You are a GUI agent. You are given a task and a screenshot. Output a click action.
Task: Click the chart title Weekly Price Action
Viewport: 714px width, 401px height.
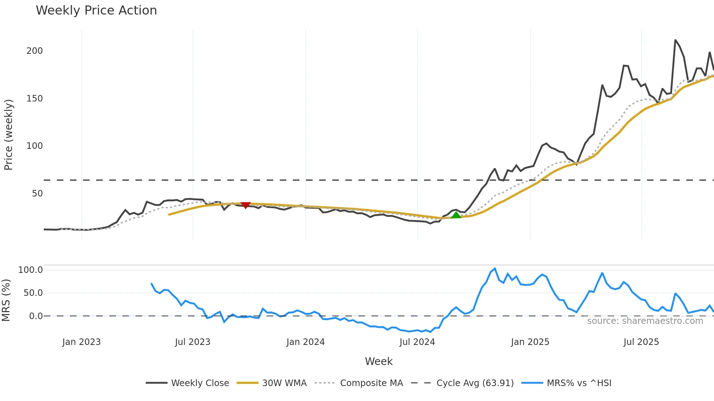(96, 11)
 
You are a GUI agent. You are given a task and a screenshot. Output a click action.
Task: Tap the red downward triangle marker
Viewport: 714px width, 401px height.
(246, 205)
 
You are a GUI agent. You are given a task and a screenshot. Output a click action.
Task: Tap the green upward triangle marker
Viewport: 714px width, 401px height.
(456, 215)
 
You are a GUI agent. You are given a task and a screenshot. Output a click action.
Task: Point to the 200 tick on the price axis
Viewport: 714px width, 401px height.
(35, 51)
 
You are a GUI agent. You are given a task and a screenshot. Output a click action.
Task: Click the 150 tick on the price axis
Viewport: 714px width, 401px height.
(35, 99)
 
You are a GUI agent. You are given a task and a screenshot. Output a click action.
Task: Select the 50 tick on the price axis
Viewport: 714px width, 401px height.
(37, 194)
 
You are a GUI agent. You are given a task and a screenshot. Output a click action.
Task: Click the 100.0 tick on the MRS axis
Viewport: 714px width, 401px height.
(31, 270)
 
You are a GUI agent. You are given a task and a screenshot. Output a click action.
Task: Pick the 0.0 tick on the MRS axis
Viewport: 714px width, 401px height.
(36, 316)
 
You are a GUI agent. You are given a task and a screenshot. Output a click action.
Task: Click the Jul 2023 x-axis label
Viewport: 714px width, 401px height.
(193, 342)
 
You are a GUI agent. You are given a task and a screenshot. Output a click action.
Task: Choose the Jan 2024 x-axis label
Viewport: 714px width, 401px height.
(305, 342)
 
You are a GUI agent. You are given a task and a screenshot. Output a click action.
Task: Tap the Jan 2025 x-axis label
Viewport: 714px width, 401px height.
(530, 342)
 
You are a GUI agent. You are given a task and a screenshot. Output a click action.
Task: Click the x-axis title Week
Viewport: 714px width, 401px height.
(378, 361)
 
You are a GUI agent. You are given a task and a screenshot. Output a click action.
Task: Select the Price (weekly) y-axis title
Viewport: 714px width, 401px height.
(8, 135)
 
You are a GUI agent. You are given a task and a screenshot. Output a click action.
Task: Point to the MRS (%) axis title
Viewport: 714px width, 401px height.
(6, 300)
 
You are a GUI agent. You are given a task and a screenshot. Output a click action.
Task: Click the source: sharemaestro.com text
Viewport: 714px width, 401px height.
(645, 321)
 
